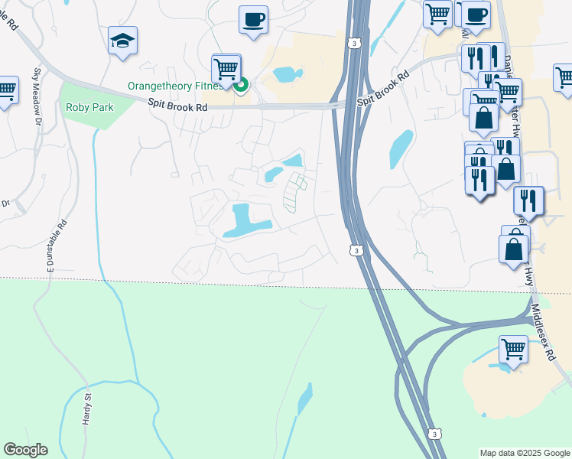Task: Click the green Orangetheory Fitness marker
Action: (x=240, y=85)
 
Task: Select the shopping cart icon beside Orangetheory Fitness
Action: (x=226, y=68)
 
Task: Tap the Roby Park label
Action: (x=89, y=107)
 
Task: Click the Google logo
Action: (x=24, y=450)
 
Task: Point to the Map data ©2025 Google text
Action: (x=525, y=453)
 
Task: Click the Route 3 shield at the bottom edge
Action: (x=435, y=434)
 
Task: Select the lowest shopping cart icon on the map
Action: (x=514, y=350)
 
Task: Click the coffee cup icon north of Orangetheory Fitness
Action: (x=253, y=19)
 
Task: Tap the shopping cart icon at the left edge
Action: (x=6, y=90)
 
